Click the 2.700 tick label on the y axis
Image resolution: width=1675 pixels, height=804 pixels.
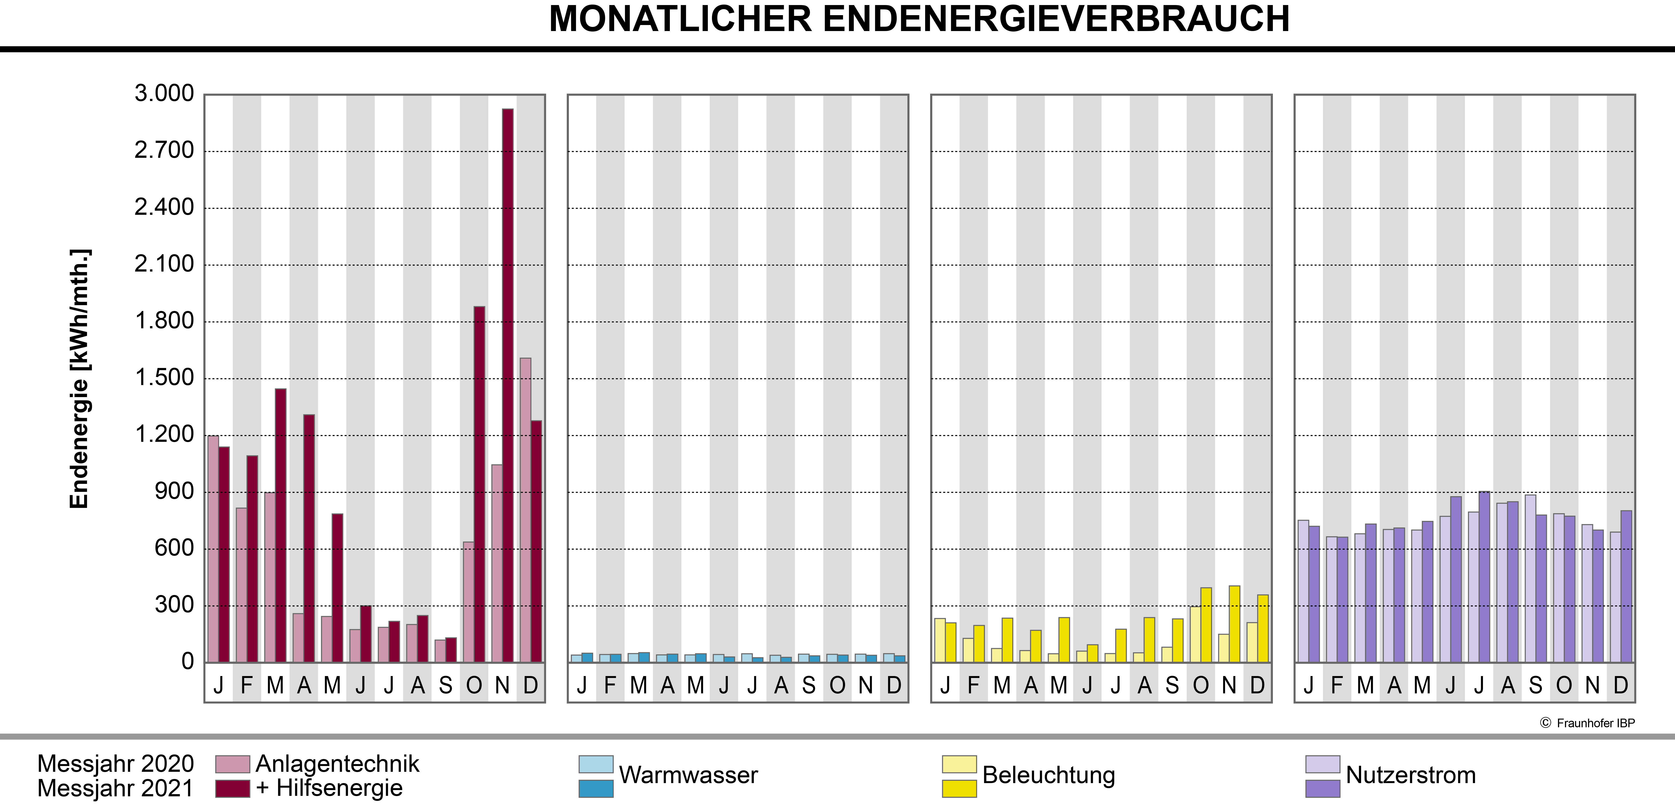(164, 150)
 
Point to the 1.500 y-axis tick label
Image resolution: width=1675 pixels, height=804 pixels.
(164, 377)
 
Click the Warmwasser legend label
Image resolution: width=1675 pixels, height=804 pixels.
(688, 775)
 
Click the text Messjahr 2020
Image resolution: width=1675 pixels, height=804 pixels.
(116, 764)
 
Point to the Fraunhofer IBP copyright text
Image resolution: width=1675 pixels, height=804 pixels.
(1587, 723)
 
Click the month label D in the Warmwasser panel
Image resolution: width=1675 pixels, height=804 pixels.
(894, 685)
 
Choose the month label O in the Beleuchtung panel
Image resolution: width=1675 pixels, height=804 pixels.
(1200, 685)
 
